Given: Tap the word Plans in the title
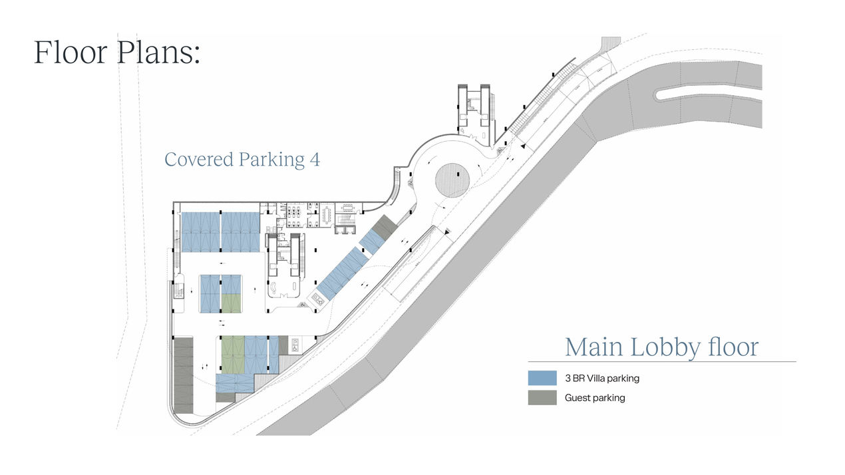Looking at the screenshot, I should (158, 52).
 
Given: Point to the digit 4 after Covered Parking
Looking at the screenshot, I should (315, 160).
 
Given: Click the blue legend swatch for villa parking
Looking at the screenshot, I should (542, 378).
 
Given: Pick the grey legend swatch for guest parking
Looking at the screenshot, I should (542, 398).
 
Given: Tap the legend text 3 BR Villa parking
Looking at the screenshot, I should (602, 379).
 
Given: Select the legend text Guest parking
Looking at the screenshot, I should (595, 398).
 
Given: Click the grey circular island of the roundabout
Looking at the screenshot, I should (452, 179).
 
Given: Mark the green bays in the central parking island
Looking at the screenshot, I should (231, 303).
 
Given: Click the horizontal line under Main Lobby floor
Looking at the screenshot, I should (661, 362).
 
